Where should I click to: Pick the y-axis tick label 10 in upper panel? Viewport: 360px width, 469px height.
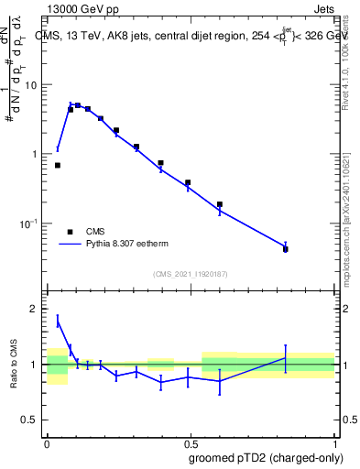[31, 85]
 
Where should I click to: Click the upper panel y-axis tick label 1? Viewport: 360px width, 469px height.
[35, 154]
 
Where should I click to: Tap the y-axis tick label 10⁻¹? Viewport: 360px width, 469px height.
[29, 223]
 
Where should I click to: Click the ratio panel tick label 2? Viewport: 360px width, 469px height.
[35, 310]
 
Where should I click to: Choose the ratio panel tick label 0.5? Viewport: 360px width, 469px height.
[30, 420]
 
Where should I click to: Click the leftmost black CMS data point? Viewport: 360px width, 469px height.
[58, 166]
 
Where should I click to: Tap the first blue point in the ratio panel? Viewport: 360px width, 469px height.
[58, 321]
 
